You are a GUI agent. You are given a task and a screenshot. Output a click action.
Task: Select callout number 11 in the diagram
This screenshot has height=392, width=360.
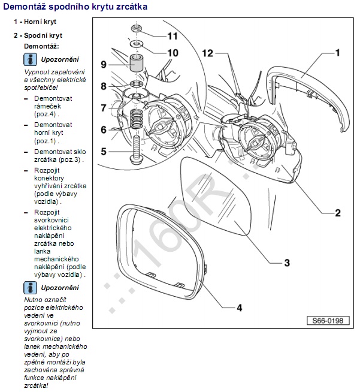pos(173,35)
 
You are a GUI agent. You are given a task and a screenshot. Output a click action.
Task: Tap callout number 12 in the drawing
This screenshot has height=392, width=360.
pos(207,53)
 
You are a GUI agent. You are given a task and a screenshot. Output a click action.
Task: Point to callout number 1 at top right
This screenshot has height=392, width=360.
pos(337,53)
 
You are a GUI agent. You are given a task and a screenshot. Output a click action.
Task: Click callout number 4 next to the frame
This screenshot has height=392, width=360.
pos(239,308)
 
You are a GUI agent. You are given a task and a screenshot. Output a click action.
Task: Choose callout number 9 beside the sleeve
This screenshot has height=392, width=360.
pos(104,64)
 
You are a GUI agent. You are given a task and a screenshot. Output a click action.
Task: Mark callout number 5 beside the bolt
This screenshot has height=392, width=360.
pos(104,152)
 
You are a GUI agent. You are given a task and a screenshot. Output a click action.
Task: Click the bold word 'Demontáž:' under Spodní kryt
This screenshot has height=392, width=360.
pos(41,46)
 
